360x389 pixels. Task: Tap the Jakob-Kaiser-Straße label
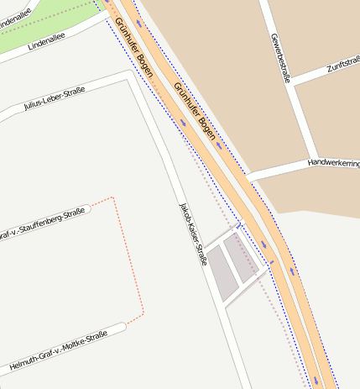tap(192, 234)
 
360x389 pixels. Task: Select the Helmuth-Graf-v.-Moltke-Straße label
tap(59, 351)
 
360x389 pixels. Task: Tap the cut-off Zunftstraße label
tap(343, 62)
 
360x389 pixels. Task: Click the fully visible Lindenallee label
tap(46, 42)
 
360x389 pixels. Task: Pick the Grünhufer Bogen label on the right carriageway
tap(195, 111)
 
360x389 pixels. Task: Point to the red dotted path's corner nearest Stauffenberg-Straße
tap(112, 198)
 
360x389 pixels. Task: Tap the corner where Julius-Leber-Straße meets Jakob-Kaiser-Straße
tap(129, 76)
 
